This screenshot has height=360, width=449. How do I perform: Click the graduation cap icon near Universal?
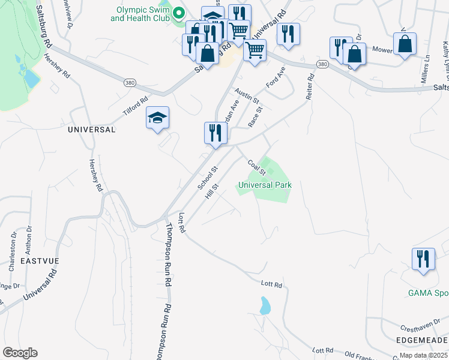157,118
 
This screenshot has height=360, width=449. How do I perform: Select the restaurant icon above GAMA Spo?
423,259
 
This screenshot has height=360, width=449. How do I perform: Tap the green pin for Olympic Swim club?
179,13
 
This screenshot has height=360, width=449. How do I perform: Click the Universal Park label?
265,185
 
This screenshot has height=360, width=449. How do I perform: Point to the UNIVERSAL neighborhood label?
91,129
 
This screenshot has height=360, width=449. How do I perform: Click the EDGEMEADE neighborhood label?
422,340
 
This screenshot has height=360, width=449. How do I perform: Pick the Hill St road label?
211,191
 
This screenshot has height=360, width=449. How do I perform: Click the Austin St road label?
247,94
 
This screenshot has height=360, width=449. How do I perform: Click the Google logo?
20,353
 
